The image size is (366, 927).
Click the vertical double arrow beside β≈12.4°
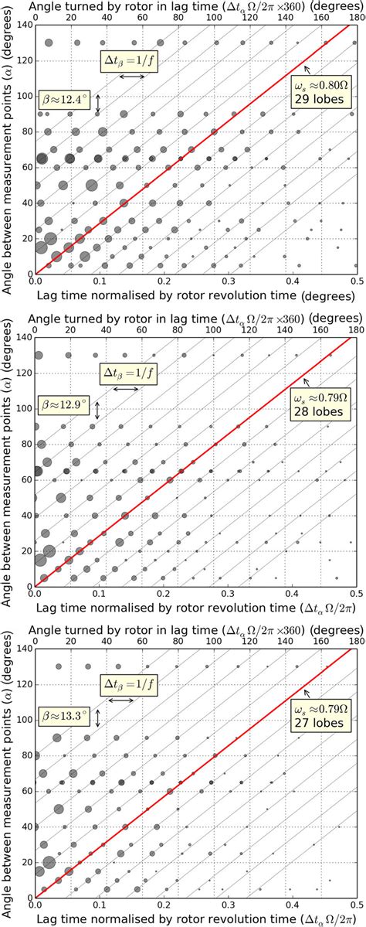pos(98,104)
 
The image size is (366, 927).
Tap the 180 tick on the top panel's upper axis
pos(354,18)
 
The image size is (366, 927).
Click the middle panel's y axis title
pos(7,462)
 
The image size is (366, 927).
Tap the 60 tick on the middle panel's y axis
pos(25,480)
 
